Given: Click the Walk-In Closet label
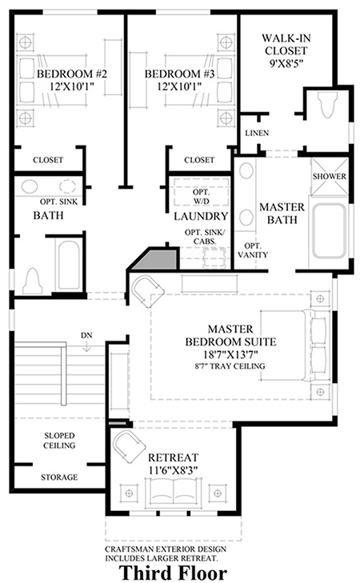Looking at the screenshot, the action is [286, 44].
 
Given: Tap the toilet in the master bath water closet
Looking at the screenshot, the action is [328, 105].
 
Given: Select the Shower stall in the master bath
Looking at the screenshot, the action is [329, 176].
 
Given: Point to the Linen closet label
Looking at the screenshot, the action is [257, 133].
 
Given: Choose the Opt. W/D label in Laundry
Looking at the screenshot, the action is [201, 197].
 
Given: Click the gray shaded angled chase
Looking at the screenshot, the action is [155, 259].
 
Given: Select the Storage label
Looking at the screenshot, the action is [59, 477].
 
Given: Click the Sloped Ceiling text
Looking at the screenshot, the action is [59, 440].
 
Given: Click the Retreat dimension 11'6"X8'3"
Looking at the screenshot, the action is [173, 470].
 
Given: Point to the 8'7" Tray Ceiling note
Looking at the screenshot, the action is [230, 365].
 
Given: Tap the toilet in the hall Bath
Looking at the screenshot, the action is [32, 281].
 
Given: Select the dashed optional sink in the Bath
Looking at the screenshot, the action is [68, 186].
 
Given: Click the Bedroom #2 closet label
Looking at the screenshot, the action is [48, 160].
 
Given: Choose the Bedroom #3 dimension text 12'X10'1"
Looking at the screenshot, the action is [179, 86].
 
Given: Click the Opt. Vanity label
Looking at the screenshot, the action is [253, 250].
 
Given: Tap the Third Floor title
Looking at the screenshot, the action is [173, 573].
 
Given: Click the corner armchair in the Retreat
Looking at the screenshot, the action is [129, 446].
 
